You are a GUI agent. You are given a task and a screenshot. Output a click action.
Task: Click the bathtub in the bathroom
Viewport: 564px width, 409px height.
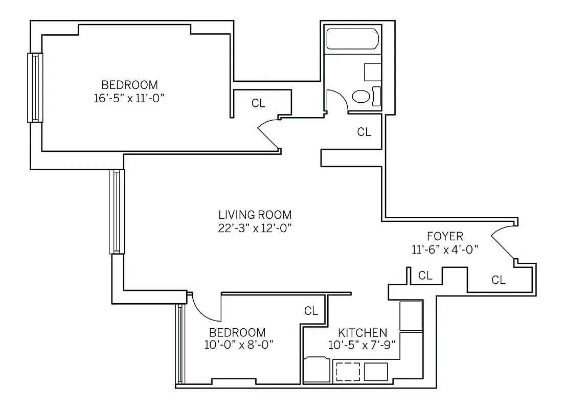[x=352, y=39]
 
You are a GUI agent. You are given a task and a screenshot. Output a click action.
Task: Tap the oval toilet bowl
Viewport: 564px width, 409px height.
[x=362, y=97]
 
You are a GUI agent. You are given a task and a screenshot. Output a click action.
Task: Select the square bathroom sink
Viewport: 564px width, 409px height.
[x=372, y=72]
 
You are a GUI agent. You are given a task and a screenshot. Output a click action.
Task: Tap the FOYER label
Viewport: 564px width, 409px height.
[x=445, y=236]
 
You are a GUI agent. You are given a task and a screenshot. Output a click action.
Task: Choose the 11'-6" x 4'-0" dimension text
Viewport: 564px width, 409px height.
[x=445, y=249]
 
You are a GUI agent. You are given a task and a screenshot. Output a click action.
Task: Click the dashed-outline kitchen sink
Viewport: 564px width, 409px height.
[x=348, y=371]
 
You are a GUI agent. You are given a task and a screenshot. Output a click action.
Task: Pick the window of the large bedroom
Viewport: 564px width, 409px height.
[x=35, y=87]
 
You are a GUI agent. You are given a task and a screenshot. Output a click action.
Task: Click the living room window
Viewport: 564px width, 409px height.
[x=117, y=212]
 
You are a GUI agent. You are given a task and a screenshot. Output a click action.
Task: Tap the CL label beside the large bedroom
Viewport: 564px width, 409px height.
[x=259, y=103]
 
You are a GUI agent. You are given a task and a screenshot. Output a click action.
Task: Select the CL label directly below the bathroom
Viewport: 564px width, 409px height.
[x=364, y=132]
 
